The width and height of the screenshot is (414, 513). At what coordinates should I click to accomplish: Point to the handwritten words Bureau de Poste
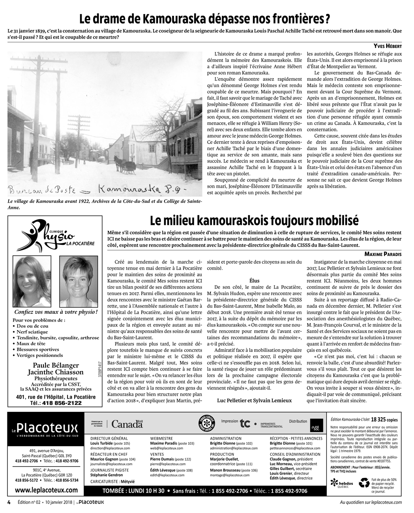42,190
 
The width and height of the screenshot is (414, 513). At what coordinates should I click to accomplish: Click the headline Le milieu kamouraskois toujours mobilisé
254,219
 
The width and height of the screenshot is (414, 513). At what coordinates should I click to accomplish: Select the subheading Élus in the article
255,281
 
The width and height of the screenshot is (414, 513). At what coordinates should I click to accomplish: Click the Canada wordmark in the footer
127,424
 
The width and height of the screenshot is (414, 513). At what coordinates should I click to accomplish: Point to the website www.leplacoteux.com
46,490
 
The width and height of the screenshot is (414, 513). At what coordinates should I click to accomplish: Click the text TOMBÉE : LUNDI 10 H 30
134,491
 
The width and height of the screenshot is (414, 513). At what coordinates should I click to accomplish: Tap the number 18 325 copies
387,419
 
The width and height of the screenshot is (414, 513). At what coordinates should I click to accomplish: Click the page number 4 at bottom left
9,502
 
